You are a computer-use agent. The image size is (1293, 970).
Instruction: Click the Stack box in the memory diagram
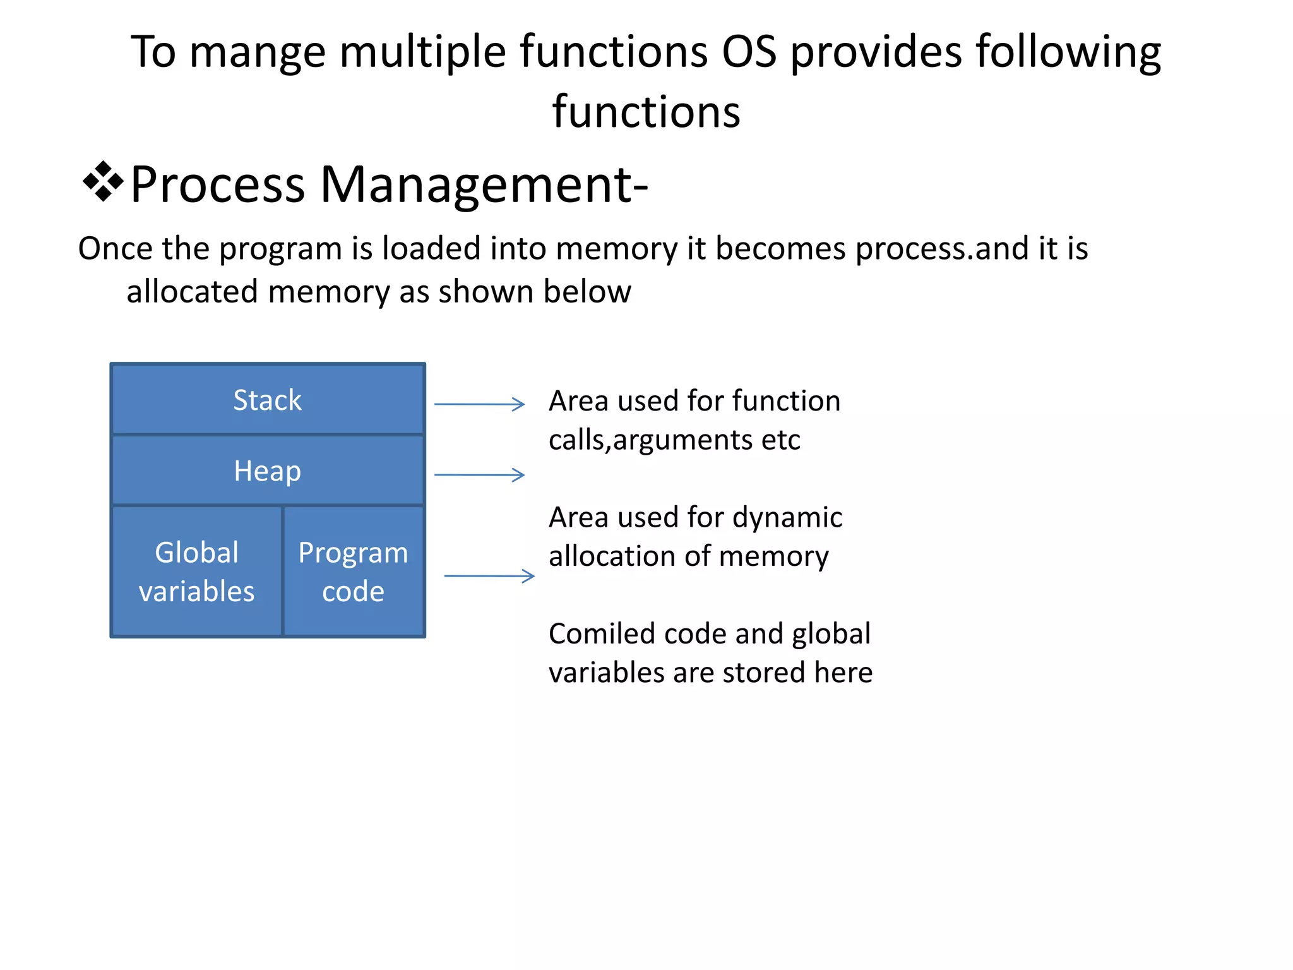pos(267,400)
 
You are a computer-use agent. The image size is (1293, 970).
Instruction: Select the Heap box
pos(267,470)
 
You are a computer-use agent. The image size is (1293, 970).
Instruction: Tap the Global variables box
pos(196,572)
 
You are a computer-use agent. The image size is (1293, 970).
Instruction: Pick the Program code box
pos(353,572)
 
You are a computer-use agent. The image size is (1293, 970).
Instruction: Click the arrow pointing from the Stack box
pos(480,404)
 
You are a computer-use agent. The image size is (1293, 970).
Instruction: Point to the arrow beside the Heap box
pos(480,475)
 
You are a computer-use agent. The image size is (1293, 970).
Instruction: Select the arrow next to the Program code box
pos(489,576)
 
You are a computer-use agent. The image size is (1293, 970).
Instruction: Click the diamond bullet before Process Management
pos(102,183)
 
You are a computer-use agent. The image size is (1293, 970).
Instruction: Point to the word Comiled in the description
pos(595,633)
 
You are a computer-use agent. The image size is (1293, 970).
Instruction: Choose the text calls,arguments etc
pos(674,440)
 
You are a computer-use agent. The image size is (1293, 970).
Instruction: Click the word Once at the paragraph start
pos(116,248)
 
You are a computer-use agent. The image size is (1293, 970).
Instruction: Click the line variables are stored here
pos(710,673)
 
